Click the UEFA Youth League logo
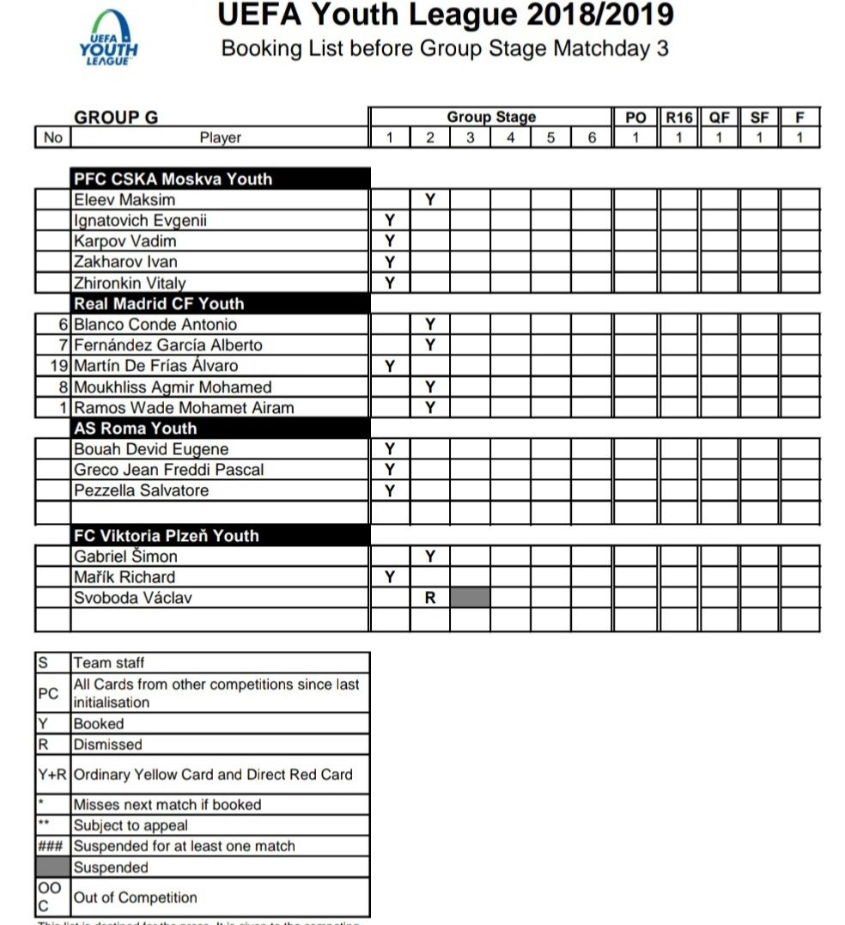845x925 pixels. (x=107, y=40)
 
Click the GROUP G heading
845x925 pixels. (x=116, y=118)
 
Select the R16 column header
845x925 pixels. (x=679, y=118)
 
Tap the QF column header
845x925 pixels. (x=719, y=118)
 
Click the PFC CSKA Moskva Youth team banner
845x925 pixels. (x=173, y=179)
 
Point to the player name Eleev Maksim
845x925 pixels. (x=125, y=200)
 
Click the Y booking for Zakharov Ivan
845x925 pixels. (x=390, y=262)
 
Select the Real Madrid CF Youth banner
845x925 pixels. (x=159, y=303)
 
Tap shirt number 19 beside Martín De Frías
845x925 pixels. (x=58, y=366)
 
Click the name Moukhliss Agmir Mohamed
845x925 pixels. (x=173, y=387)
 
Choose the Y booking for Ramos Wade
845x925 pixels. (x=430, y=408)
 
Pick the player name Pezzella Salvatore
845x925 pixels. (x=141, y=490)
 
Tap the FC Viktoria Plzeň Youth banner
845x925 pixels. (x=167, y=535)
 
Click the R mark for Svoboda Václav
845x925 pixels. (x=430, y=598)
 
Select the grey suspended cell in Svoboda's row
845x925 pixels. (x=471, y=598)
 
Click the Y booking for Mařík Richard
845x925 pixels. (x=390, y=577)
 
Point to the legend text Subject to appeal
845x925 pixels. (x=131, y=825)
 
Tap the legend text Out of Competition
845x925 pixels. (x=136, y=898)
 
